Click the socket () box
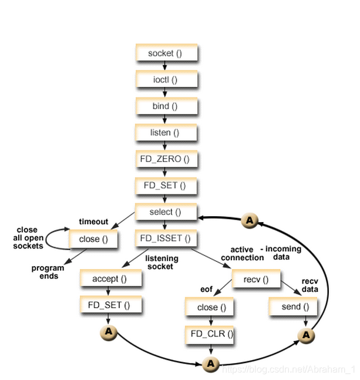(x=166, y=53)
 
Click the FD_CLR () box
(x=210, y=335)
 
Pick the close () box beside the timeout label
(x=93, y=240)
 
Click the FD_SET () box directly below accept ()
(x=110, y=305)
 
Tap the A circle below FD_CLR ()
(x=210, y=364)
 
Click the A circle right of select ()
(x=250, y=220)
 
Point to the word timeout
(x=93, y=221)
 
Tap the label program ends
(x=49, y=272)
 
